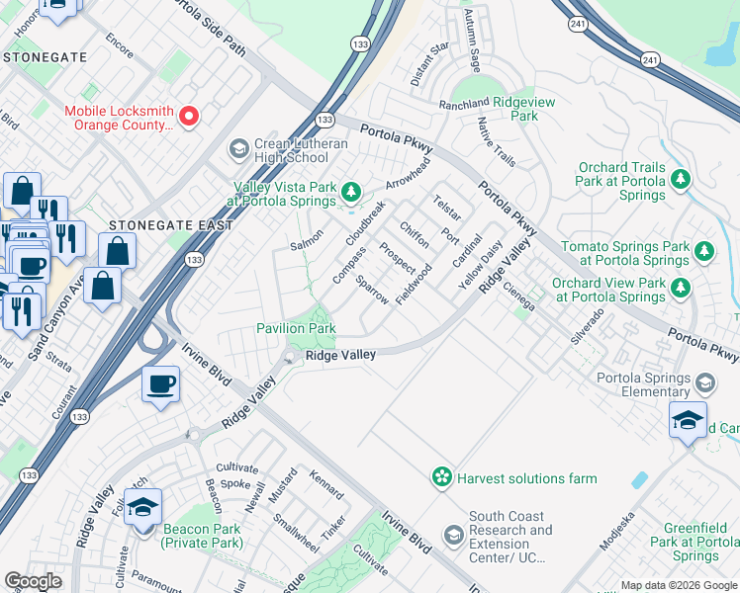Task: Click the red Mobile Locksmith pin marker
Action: pyautogui.click(x=188, y=116)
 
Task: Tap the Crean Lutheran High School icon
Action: pyautogui.click(x=238, y=149)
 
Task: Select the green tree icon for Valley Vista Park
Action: pyautogui.click(x=350, y=191)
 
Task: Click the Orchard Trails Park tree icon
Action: pyautogui.click(x=680, y=179)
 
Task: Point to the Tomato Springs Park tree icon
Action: pyautogui.click(x=704, y=250)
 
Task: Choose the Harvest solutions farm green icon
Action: pyautogui.click(x=441, y=478)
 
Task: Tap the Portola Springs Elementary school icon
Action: pyautogui.click(x=705, y=381)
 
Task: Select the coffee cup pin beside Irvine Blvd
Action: pyautogui.click(x=159, y=383)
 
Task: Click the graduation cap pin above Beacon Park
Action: pyautogui.click(x=143, y=508)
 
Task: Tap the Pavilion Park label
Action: pyautogui.click(x=296, y=328)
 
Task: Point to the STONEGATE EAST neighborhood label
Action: pyautogui.click(x=171, y=225)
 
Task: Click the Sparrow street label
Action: pyautogui.click(x=373, y=290)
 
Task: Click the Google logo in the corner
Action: pyautogui.click(x=34, y=582)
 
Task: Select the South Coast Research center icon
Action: pyautogui.click(x=453, y=536)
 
